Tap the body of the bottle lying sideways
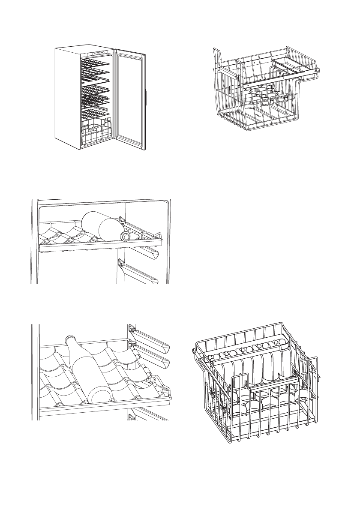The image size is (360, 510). coord(103,225)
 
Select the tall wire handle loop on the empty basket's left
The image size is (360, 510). coord(218,63)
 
